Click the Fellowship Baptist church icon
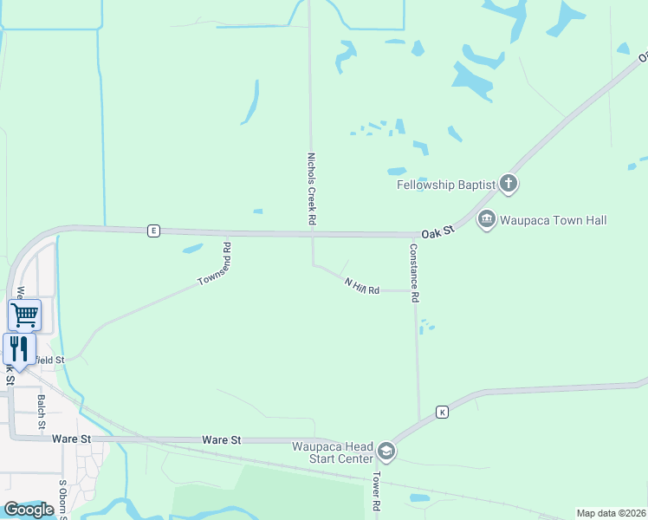[508, 184]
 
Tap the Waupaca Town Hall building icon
[486, 220]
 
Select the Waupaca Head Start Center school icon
[386, 452]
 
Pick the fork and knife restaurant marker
[19, 348]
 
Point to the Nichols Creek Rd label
[311, 190]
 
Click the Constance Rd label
[415, 272]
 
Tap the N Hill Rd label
[362, 285]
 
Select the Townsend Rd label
[215, 265]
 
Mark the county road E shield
[153, 231]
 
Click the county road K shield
[442, 411]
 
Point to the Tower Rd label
[378, 491]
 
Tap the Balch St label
[41, 413]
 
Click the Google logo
[29, 510]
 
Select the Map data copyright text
[611, 513]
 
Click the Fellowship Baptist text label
[445, 185]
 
